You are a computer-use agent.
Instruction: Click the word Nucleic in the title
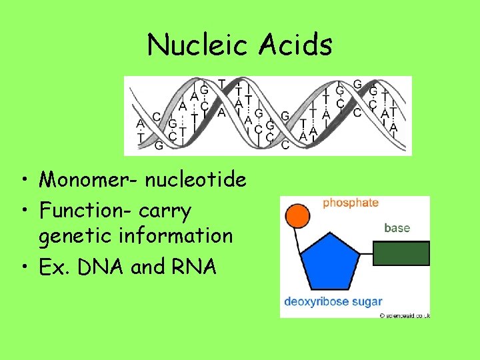tap(194, 45)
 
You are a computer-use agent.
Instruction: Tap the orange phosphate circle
tap(295, 217)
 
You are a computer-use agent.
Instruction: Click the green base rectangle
tap(400, 254)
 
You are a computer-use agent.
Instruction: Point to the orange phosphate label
tap(351, 203)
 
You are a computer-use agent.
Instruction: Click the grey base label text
tap(397, 228)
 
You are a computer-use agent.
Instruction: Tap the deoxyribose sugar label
tap(333, 301)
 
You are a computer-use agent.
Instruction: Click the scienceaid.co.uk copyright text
tap(405, 315)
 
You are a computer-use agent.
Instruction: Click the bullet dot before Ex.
tap(23, 267)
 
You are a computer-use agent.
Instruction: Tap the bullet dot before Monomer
tap(23, 180)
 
